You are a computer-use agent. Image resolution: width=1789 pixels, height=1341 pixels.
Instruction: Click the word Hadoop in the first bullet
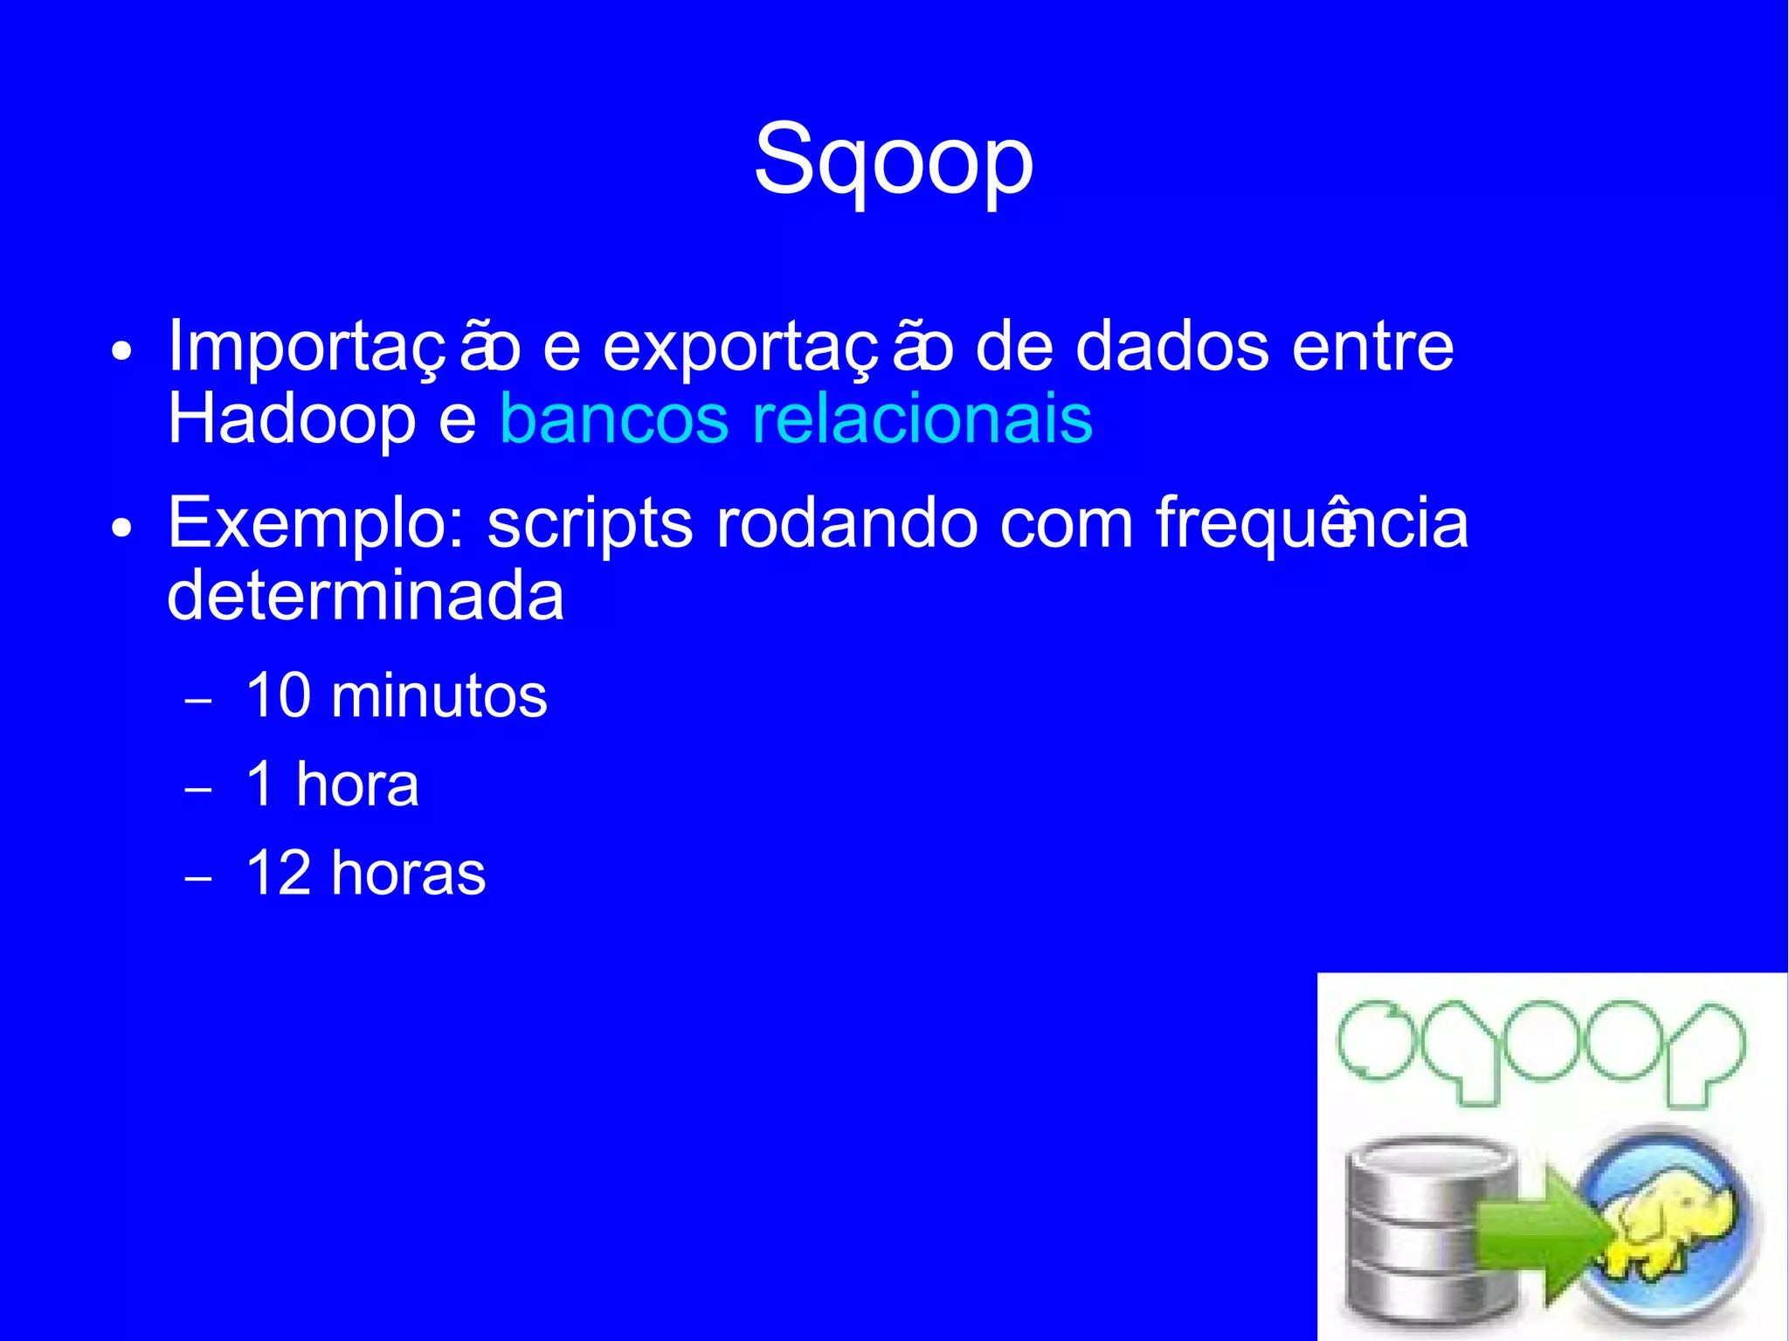[x=291, y=419]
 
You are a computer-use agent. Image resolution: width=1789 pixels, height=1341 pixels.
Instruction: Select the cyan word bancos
[x=613, y=419]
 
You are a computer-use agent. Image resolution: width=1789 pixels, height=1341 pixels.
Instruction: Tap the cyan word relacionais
[x=922, y=419]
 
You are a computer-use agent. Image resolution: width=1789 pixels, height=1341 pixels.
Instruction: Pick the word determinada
[x=365, y=597]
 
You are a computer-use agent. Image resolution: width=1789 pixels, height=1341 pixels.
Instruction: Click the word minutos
[x=439, y=697]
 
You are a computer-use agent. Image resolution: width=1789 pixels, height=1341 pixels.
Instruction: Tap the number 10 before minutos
[x=279, y=696]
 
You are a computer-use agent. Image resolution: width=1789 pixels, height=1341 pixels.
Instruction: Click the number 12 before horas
[x=279, y=873]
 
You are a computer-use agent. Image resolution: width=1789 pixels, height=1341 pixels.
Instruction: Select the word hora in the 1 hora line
[x=357, y=785]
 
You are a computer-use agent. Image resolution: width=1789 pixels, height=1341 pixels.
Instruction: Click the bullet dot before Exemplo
[x=122, y=528]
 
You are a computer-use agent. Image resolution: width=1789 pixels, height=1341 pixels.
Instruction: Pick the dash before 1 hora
[x=199, y=789]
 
